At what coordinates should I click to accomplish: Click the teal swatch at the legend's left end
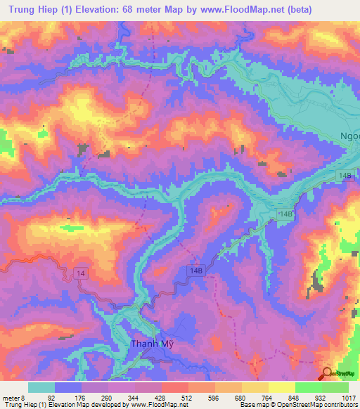click(41, 387)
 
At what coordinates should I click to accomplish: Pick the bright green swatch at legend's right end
click(335, 387)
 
